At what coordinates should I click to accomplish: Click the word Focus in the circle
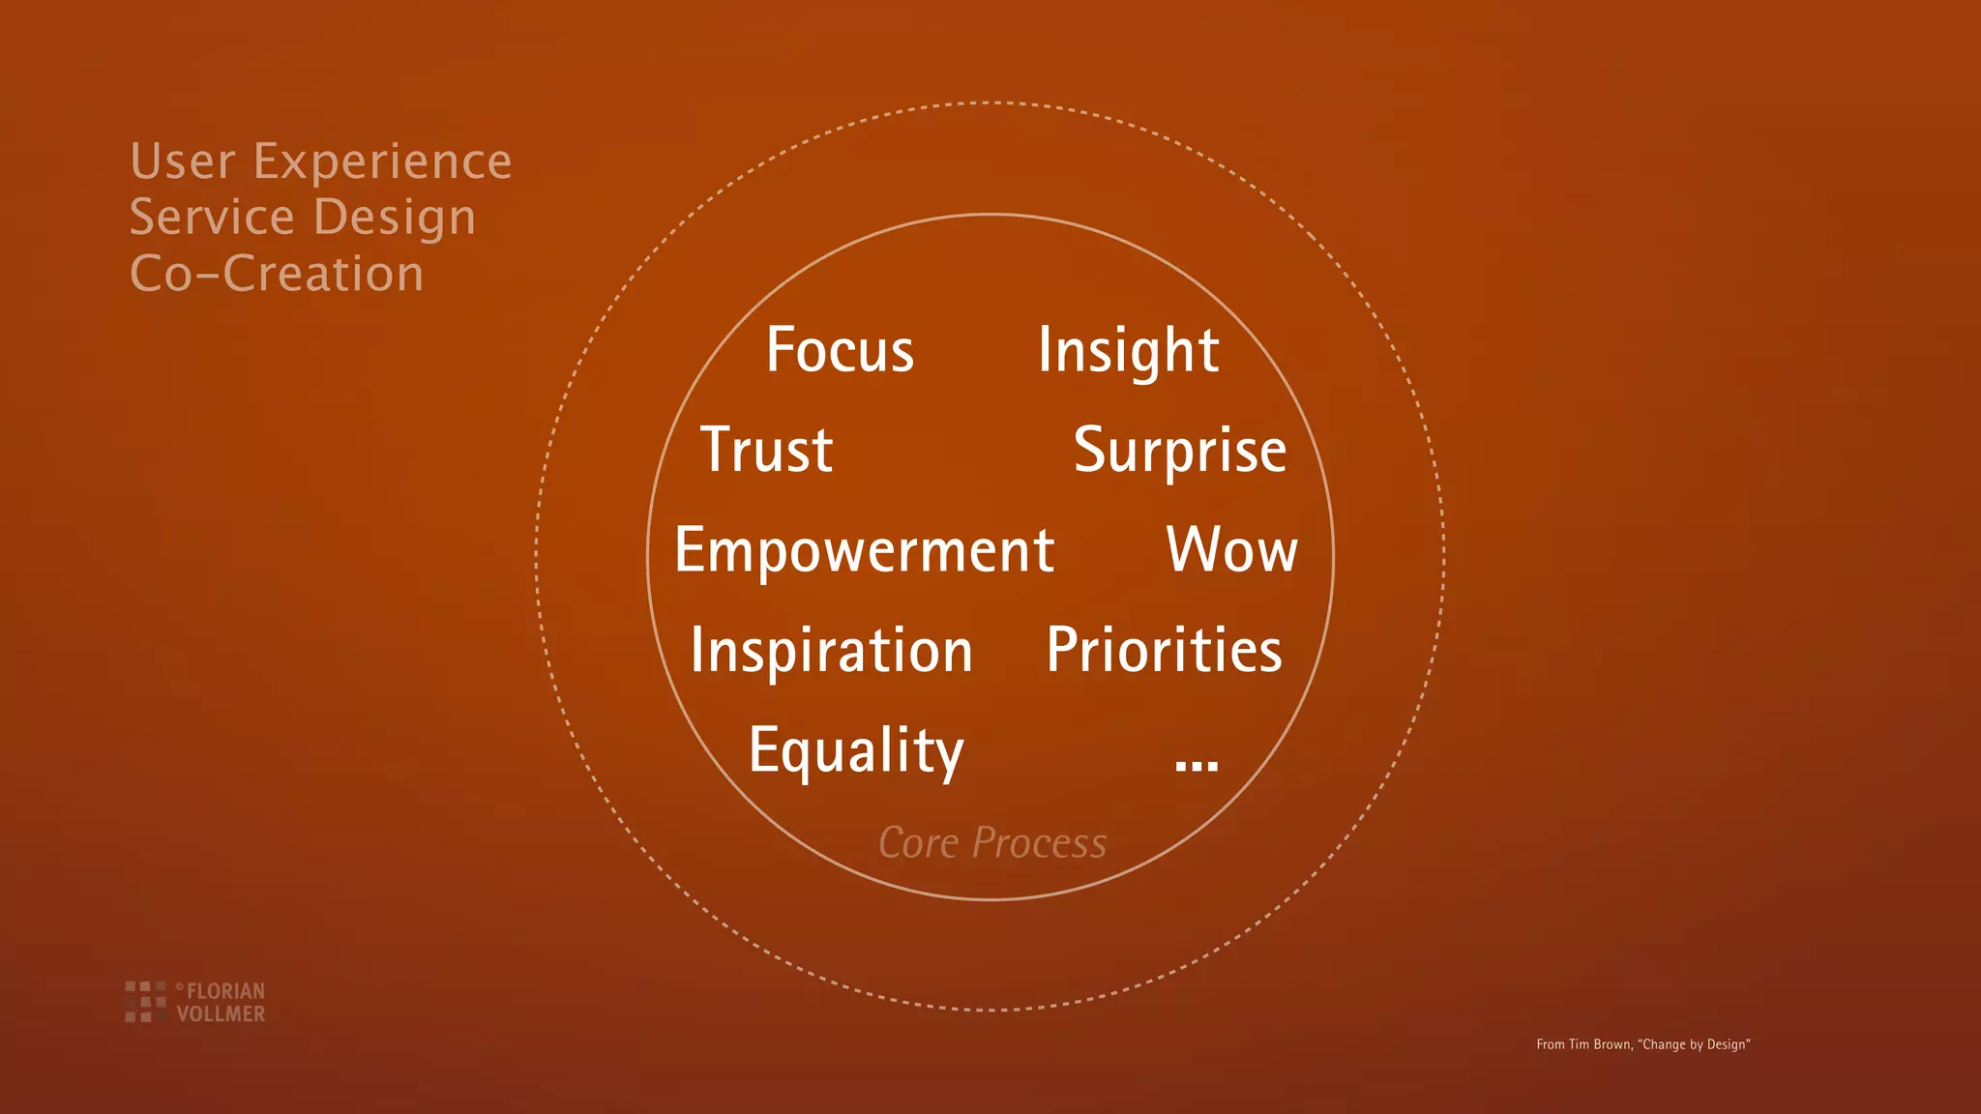pos(840,349)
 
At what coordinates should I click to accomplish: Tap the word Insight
pos(1128,351)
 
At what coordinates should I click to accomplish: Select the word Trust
pos(766,450)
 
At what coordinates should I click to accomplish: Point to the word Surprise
pos(1179,452)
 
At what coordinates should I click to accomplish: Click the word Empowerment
pos(864,551)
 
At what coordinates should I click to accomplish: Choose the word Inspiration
pos(831,651)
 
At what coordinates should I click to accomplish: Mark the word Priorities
pos(1164,650)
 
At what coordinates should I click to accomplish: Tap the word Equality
pos(856,751)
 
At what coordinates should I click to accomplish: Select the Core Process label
pos(992,843)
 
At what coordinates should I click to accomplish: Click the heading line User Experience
pos(320,161)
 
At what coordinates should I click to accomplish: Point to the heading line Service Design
pos(303,218)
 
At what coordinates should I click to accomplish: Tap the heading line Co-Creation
pos(277,274)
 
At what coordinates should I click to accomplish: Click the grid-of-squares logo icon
pos(145,1001)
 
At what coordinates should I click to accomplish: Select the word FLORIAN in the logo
pos(225,991)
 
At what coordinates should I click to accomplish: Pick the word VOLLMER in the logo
pos(221,1013)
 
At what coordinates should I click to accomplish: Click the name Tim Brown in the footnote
pos(1599,1044)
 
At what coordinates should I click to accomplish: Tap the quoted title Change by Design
pos(1694,1044)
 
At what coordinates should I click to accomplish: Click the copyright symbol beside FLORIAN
pos(179,986)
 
